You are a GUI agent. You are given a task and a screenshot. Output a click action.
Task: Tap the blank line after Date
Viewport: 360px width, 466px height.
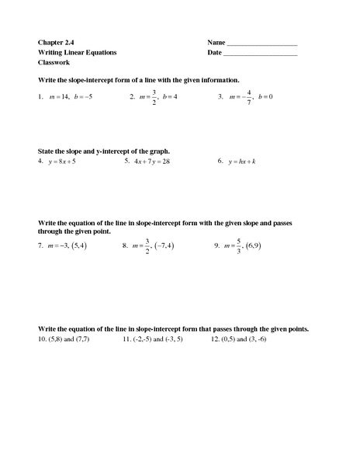(x=261, y=55)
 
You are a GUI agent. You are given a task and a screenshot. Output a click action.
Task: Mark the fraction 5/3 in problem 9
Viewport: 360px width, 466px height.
(x=240, y=245)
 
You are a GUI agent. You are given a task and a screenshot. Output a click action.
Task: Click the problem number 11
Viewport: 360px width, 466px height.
(x=127, y=340)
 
